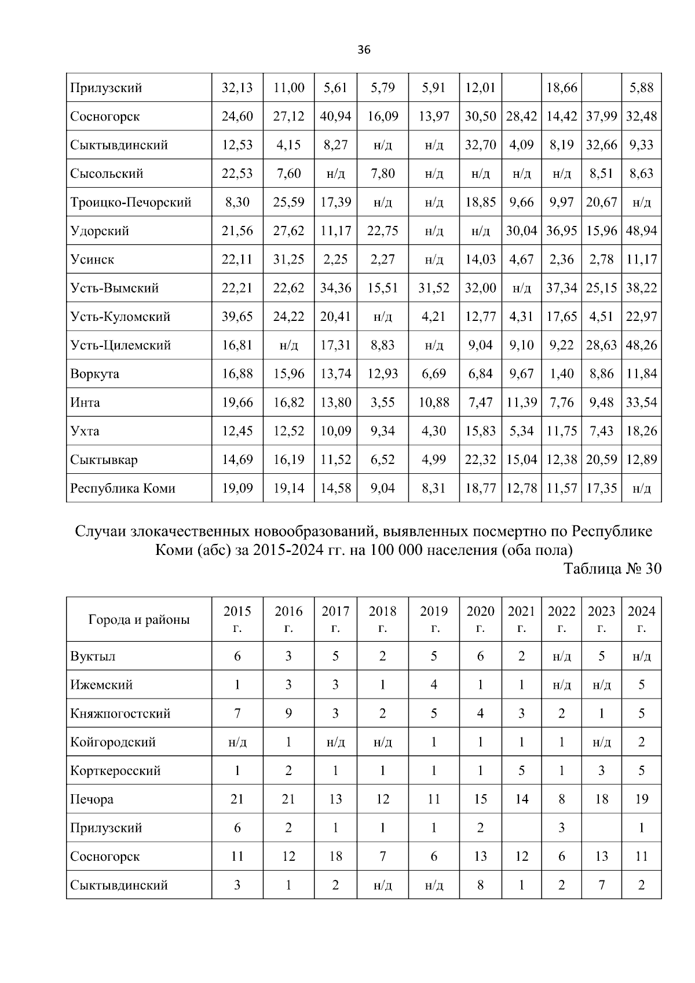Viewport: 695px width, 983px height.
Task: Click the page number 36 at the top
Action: click(364, 50)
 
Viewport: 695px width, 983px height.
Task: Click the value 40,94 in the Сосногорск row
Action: click(335, 116)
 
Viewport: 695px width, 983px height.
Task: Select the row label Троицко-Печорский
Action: click(130, 202)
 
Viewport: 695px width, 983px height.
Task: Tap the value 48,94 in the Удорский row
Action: click(641, 231)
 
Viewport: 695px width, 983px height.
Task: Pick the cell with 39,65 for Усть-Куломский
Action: click(237, 316)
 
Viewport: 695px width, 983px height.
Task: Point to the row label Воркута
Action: click(94, 374)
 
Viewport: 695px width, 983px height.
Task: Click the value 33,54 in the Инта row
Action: click(641, 402)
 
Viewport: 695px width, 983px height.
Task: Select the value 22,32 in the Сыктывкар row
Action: click(480, 459)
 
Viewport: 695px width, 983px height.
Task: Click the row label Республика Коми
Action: click(122, 488)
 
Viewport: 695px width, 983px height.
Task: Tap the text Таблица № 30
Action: click(612, 568)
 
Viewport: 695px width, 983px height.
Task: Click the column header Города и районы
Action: click(139, 619)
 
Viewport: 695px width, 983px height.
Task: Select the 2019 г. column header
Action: click(434, 619)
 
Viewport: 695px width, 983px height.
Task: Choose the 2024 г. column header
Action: click(641, 619)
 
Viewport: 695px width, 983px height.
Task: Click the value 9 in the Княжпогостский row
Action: click(288, 713)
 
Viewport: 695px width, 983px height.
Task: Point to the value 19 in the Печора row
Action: click(641, 799)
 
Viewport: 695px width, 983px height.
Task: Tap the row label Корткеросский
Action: click(115, 770)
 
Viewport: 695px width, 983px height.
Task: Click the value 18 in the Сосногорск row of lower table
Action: click(335, 856)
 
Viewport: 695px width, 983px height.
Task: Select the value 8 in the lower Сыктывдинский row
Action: click(480, 885)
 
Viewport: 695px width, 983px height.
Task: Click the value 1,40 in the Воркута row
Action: click(561, 374)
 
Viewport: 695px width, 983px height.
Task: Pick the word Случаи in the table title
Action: click(101, 531)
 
